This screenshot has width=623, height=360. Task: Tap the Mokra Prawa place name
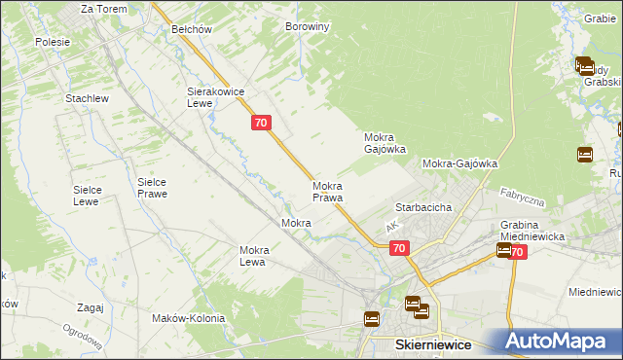pos(327,192)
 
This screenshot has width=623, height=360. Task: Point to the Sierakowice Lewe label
pos(214,96)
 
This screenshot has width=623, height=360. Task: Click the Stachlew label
pos(86,99)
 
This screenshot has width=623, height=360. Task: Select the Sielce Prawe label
pos(152,188)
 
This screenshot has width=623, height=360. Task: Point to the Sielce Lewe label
pos(89,196)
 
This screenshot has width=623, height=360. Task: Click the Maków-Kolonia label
pos(189,318)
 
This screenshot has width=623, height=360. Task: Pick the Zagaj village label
pos(89,307)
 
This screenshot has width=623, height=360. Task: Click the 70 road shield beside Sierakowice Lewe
pos(260,123)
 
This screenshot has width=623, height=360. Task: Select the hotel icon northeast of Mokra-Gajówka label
pos(585,154)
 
